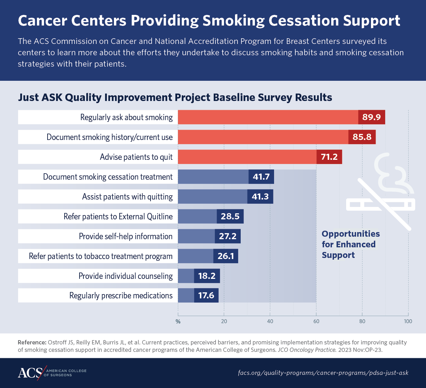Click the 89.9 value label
[371, 117]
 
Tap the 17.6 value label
[206, 296]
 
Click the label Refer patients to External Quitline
[118, 217]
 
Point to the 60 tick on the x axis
[316, 321]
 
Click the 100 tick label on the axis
[408, 321]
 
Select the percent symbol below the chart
[178, 322]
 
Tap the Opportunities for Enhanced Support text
[350, 244]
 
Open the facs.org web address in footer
[323, 373]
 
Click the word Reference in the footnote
[32, 343]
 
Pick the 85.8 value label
[362, 137]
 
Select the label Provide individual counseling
[126, 276]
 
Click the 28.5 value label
[230, 217]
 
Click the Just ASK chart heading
[175, 97]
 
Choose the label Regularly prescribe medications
[121, 296]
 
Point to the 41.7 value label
[261, 177]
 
